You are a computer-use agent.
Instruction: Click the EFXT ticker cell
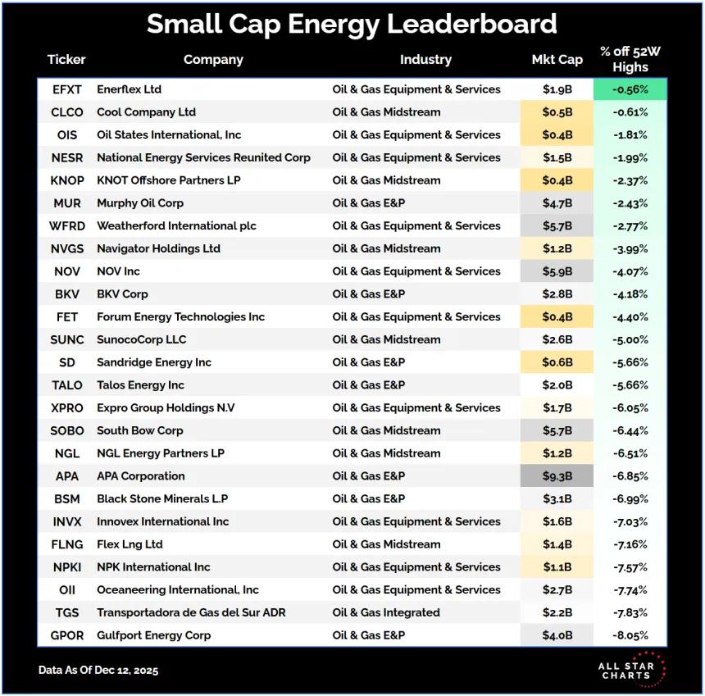pyautogui.click(x=66, y=89)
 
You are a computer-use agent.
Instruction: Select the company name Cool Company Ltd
pyautogui.click(x=146, y=112)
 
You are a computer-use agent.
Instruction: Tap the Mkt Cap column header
pyautogui.click(x=557, y=59)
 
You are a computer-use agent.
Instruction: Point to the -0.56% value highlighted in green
pyautogui.click(x=630, y=89)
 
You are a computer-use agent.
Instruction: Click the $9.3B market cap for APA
pyautogui.click(x=557, y=476)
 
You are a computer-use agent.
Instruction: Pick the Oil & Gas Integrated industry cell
pyautogui.click(x=385, y=612)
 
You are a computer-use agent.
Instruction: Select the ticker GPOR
pyautogui.click(x=66, y=635)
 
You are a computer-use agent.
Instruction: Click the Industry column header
pyautogui.click(x=425, y=59)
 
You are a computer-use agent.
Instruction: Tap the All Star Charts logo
pyautogui.click(x=632, y=669)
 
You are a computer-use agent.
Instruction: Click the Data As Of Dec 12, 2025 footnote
pyautogui.click(x=98, y=670)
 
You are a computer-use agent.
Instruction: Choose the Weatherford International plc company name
pyautogui.click(x=176, y=225)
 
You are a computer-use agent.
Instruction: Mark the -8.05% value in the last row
pyautogui.click(x=630, y=635)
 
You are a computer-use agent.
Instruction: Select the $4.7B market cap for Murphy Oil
pyautogui.click(x=557, y=203)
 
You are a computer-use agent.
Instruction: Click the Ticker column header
pyautogui.click(x=66, y=59)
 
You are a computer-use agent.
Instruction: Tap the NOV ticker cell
pyautogui.click(x=66, y=271)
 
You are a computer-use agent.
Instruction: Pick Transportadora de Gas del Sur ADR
pyautogui.click(x=191, y=612)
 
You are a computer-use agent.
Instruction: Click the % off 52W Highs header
pyautogui.click(x=630, y=59)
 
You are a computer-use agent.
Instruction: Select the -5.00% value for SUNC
pyautogui.click(x=630, y=339)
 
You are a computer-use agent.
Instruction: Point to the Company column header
pyautogui.click(x=213, y=59)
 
